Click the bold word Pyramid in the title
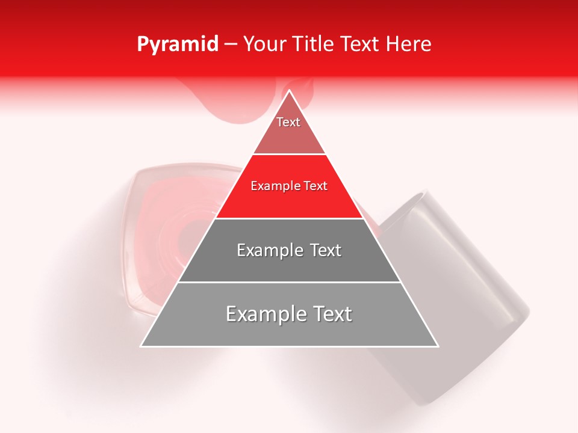tap(178, 45)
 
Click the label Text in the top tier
tap(288, 122)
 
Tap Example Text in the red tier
tap(289, 186)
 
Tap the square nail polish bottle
tap(163, 241)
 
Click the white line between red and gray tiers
tap(289, 218)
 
